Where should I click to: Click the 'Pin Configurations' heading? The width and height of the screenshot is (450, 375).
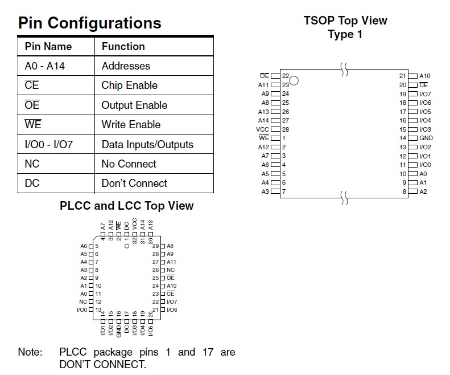pyautogui.click(x=90, y=23)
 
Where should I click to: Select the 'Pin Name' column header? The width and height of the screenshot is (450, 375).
pyautogui.click(x=48, y=47)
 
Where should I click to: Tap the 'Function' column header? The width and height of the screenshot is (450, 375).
pyautogui.click(x=123, y=47)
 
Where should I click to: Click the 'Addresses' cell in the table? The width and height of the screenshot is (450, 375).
pyautogui.click(x=126, y=66)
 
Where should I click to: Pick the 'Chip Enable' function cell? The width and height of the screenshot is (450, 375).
pyautogui.click(x=129, y=85)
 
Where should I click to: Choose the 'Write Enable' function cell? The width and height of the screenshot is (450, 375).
pyautogui.click(x=131, y=125)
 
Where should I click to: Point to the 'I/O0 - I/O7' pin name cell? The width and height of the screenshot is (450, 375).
pyautogui.click(x=49, y=145)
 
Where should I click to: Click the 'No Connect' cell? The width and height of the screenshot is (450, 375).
pyautogui.click(x=129, y=164)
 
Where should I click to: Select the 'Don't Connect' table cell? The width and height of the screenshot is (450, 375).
pyautogui.click(x=134, y=184)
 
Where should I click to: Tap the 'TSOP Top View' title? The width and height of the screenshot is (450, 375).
pyautogui.click(x=345, y=21)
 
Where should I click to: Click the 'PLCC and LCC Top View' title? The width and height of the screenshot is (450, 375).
pyautogui.click(x=127, y=206)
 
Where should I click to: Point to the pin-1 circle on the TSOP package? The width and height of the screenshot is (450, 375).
pyautogui.click(x=294, y=80)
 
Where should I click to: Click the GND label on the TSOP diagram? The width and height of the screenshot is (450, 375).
pyautogui.click(x=426, y=138)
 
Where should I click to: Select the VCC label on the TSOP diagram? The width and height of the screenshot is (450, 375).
pyautogui.click(x=263, y=129)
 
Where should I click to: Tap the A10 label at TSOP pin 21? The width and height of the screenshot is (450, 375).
pyautogui.click(x=424, y=76)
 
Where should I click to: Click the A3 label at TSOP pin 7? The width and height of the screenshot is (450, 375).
pyautogui.click(x=266, y=191)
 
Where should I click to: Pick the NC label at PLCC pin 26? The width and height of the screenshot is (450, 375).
pyautogui.click(x=171, y=270)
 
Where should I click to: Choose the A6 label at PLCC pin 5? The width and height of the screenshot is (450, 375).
pyautogui.click(x=84, y=246)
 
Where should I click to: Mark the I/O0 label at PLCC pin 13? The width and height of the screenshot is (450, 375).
pyautogui.click(x=82, y=310)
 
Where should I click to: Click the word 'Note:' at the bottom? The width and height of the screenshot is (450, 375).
pyautogui.click(x=30, y=352)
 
